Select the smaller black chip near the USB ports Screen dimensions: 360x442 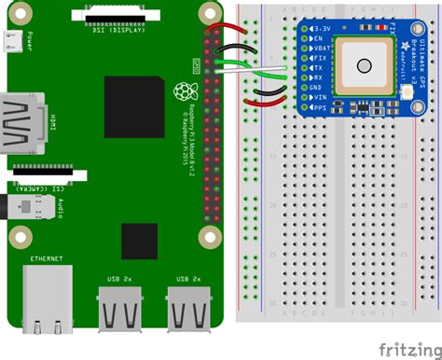140,242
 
